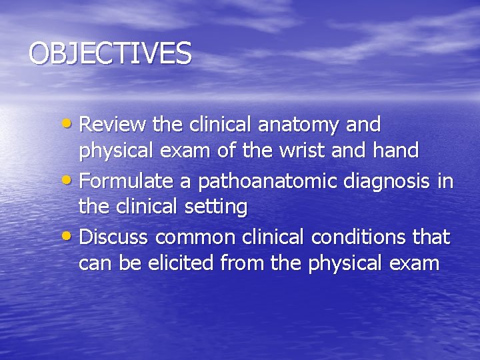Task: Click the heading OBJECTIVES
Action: (x=110, y=53)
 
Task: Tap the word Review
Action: (x=113, y=125)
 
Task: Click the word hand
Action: (x=396, y=151)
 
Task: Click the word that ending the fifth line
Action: (x=432, y=237)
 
